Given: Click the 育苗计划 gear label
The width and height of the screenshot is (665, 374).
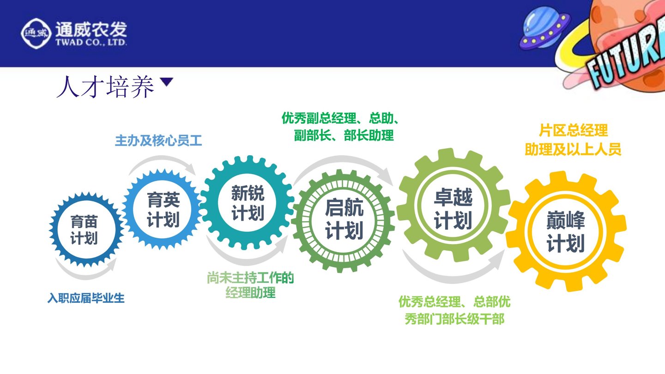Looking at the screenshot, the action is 84,230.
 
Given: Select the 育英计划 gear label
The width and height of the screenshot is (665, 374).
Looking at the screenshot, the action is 163,210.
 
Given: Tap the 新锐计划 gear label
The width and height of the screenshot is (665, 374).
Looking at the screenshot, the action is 248,203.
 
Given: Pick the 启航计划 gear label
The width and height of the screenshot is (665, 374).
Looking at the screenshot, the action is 345,219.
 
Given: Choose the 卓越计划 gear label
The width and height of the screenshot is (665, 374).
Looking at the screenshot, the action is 453,209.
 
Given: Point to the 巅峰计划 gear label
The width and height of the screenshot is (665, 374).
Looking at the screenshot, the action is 566,231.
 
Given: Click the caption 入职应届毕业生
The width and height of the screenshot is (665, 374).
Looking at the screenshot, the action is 86,298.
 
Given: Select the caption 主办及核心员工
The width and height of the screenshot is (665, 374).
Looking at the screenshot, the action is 158,141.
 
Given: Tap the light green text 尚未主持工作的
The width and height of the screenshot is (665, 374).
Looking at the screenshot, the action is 250,278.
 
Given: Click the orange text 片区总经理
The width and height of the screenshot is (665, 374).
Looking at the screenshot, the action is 573,131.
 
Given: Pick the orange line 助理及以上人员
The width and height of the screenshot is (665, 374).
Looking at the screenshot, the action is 573,149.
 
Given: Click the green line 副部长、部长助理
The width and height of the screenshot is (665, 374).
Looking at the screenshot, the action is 344,136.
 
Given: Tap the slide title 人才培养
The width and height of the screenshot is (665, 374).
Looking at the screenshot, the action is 105,87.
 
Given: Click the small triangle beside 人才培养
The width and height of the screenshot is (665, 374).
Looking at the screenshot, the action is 166,82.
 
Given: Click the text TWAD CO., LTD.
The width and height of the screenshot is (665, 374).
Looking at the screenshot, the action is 91,42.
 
